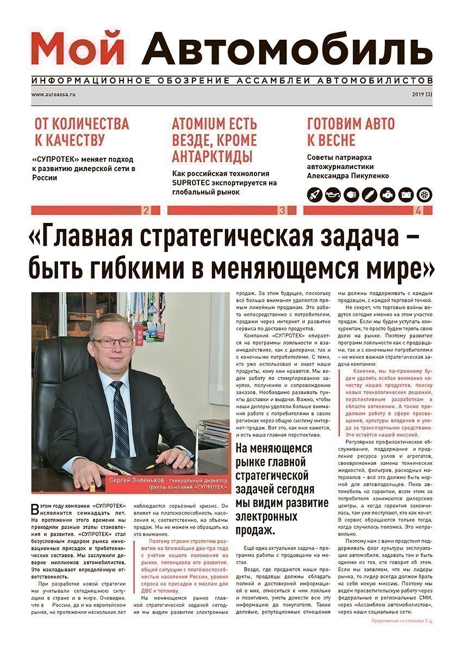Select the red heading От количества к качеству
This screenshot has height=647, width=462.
click(82, 132)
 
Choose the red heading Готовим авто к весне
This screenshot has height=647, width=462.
click(351, 132)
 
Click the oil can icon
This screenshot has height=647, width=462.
click(333, 194)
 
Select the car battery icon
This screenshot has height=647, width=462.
click(406, 194)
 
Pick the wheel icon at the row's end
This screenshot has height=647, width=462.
click(424, 194)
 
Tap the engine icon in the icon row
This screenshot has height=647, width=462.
click(388, 194)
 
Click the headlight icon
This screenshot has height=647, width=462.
click(351, 194)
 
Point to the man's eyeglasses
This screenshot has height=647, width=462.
click(113, 343)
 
